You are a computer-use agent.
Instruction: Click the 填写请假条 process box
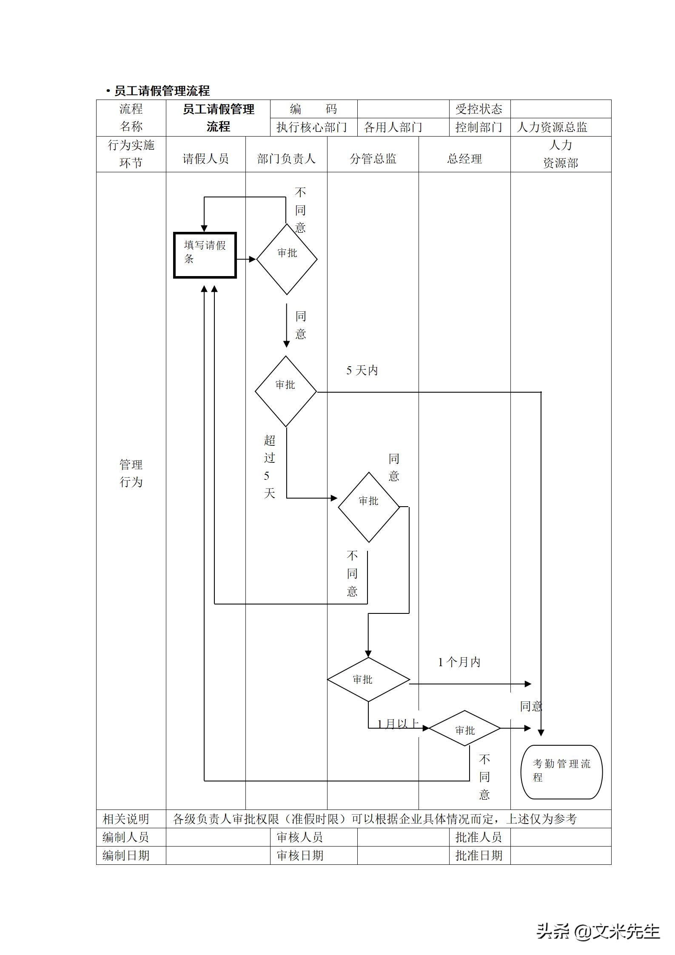point(205,255)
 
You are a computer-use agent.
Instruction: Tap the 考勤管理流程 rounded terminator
point(561,772)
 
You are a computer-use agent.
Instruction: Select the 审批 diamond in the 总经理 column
point(464,730)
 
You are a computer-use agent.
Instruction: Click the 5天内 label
point(362,371)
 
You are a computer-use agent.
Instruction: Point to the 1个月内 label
point(459,662)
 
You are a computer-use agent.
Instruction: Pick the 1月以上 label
point(398,724)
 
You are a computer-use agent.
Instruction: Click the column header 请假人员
point(205,159)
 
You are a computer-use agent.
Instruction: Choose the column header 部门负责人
point(286,159)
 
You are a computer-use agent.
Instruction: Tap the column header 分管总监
point(373,159)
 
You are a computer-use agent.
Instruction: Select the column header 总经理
point(464,159)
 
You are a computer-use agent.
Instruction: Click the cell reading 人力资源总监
point(552,127)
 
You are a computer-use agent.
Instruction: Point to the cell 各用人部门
point(393,127)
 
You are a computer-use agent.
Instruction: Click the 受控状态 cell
point(479,109)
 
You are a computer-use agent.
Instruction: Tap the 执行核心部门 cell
point(312,127)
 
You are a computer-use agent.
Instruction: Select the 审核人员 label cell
point(300,837)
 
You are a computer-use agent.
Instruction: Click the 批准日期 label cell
point(479,855)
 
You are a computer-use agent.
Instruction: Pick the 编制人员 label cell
point(126,837)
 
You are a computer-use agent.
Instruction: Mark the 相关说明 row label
point(126,819)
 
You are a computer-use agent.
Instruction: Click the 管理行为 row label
point(131,473)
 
